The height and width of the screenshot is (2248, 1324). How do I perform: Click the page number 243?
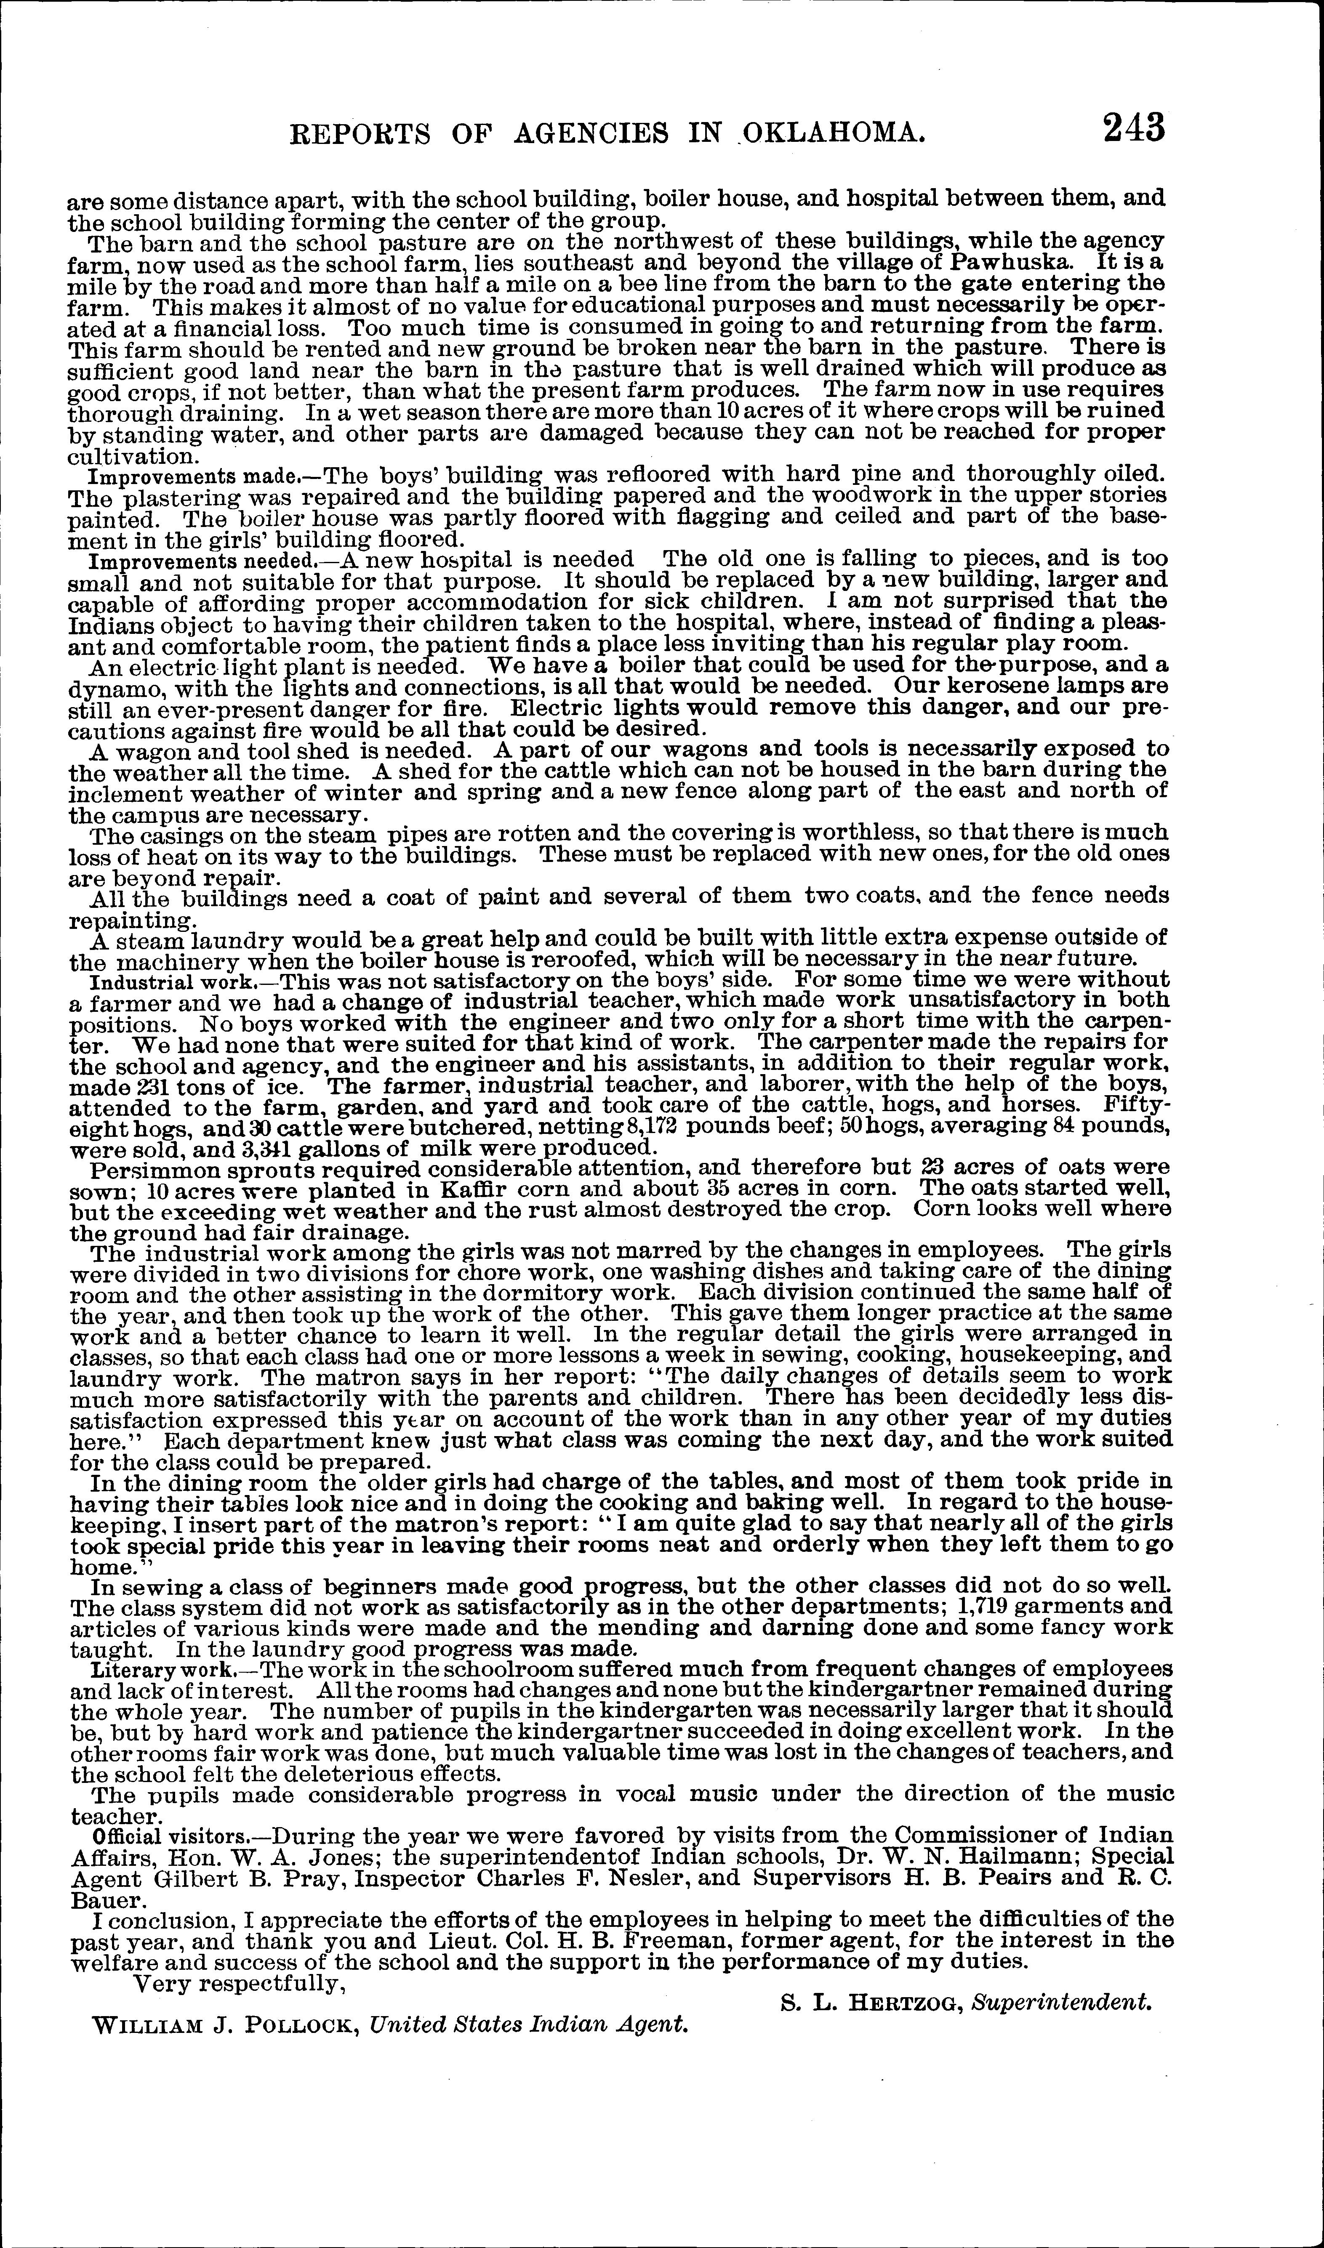click(x=1133, y=128)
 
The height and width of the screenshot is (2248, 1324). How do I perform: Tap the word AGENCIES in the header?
click(x=591, y=133)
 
